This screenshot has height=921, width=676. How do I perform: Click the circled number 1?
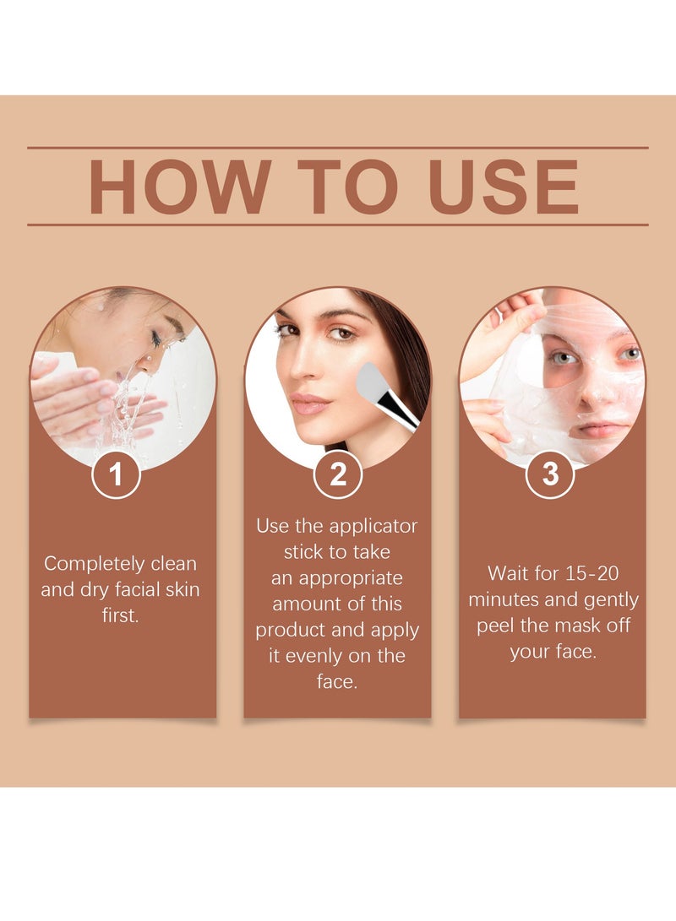116,474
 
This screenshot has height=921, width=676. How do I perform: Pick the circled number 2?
338,474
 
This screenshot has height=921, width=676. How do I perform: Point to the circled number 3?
550,474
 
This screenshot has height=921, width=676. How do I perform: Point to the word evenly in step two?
325,656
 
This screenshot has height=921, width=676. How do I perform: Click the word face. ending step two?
337,682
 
